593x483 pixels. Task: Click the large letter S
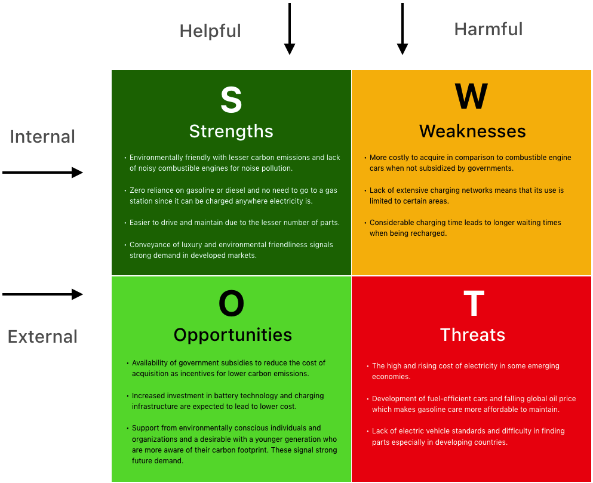pyautogui.click(x=231, y=100)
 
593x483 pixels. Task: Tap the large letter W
pyautogui.click(x=471, y=96)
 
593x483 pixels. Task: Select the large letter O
pyautogui.click(x=232, y=303)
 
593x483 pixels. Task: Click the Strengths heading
pyautogui.click(x=231, y=131)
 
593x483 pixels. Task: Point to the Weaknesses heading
pyautogui.click(x=472, y=131)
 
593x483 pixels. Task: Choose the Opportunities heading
pyautogui.click(x=232, y=335)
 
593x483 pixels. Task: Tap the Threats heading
pyautogui.click(x=473, y=335)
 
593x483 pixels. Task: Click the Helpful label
pyautogui.click(x=210, y=31)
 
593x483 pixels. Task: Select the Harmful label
pyautogui.click(x=488, y=29)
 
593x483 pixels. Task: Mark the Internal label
pyautogui.click(x=42, y=137)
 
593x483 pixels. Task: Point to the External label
pyautogui.click(x=43, y=337)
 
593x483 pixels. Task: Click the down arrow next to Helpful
pyautogui.click(x=289, y=29)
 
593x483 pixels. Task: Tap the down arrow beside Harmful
pyautogui.click(x=402, y=29)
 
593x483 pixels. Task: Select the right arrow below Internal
pyautogui.click(x=43, y=173)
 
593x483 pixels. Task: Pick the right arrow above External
pyautogui.click(x=43, y=294)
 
